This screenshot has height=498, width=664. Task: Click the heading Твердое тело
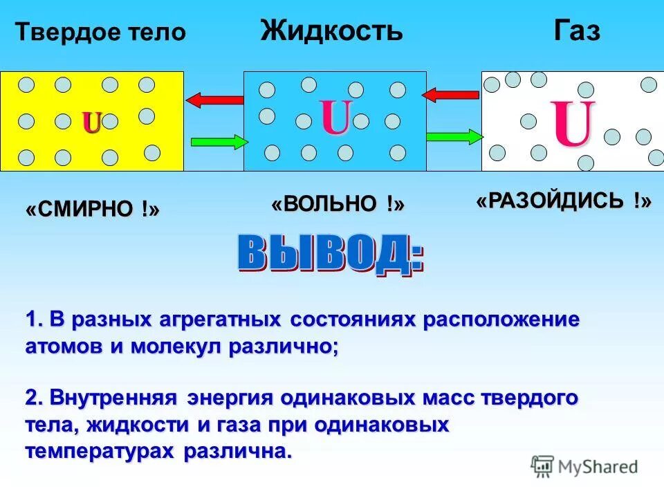coord(101,33)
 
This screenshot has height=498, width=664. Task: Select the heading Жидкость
coord(331,31)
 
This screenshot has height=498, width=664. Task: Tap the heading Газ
coord(576,31)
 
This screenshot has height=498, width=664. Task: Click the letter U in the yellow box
coord(92,123)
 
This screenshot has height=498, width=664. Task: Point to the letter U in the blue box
coord(335,118)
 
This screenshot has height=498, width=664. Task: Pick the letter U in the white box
coord(573,124)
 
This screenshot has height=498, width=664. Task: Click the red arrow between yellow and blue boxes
coord(214,100)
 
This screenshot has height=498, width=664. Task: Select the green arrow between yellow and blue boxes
coord(219,142)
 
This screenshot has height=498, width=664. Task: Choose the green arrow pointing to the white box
coord(454,136)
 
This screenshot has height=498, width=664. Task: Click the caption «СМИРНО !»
coord(93,210)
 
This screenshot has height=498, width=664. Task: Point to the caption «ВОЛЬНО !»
coord(338,204)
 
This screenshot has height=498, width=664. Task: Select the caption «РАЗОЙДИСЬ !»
coord(564,201)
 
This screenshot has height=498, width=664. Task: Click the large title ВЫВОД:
coord(331,254)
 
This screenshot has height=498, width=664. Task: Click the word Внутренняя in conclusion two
coord(115,399)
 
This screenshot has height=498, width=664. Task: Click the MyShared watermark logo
coord(585,467)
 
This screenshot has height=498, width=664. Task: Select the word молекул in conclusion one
coord(174,347)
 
